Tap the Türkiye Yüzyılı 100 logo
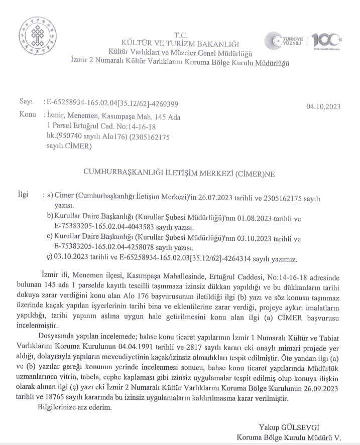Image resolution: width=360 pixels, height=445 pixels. [x=303, y=41]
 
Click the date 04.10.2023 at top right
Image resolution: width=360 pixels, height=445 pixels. [x=323, y=106]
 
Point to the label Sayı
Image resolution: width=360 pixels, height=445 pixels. [x=26, y=102]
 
